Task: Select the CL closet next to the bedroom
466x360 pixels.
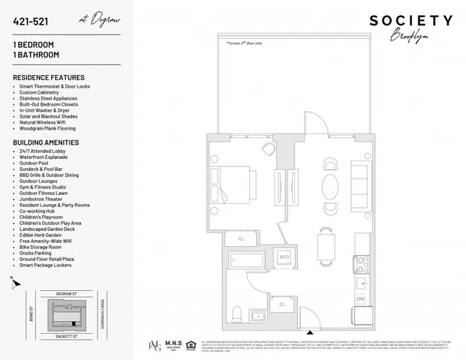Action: click(x=242, y=238)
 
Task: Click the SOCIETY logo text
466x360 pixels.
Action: click(x=411, y=20)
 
